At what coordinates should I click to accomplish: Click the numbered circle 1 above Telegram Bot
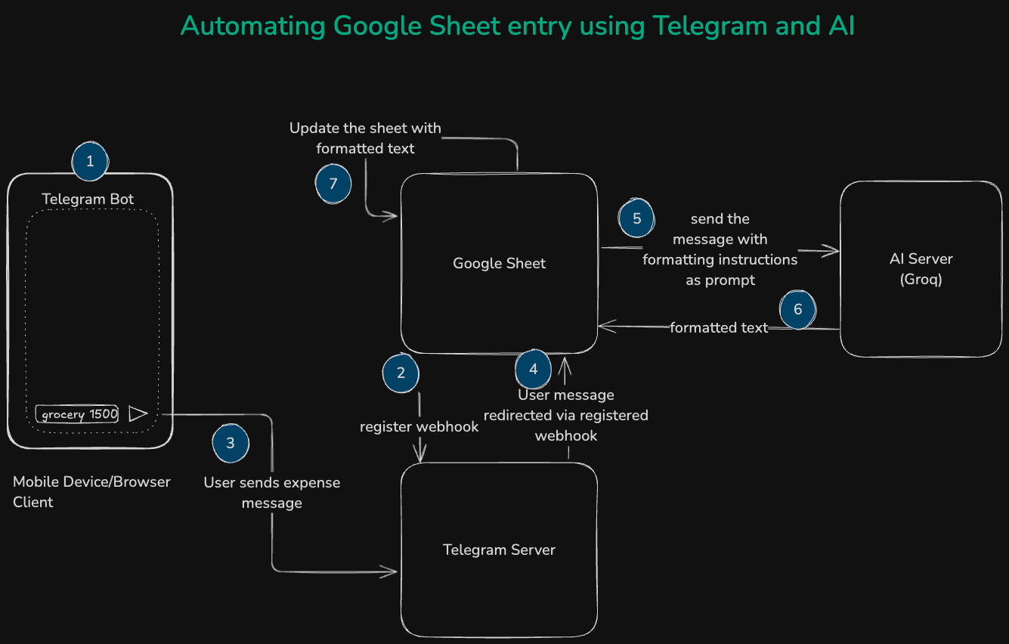[x=91, y=161]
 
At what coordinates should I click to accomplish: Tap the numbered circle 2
[x=401, y=373]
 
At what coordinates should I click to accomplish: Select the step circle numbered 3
[x=231, y=443]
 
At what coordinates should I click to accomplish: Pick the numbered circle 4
[x=534, y=369]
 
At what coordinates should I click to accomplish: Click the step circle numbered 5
[x=637, y=218]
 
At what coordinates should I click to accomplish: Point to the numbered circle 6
[x=797, y=310]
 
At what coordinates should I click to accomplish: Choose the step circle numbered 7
[x=333, y=184]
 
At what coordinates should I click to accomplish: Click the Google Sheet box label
[x=499, y=263]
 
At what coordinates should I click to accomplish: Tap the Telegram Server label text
[x=499, y=550]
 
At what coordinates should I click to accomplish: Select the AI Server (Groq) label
[x=921, y=268]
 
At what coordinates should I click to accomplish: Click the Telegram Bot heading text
[x=88, y=199]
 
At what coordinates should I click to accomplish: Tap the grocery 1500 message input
[x=78, y=414]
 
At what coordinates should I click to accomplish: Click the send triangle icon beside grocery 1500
[x=138, y=413]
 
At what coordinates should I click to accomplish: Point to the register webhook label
[x=419, y=426]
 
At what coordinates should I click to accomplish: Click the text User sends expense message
[x=272, y=493]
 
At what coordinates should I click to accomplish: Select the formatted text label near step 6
[x=718, y=327]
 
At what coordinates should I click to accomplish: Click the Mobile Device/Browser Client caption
[x=91, y=491]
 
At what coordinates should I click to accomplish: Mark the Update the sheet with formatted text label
[x=365, y=138]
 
